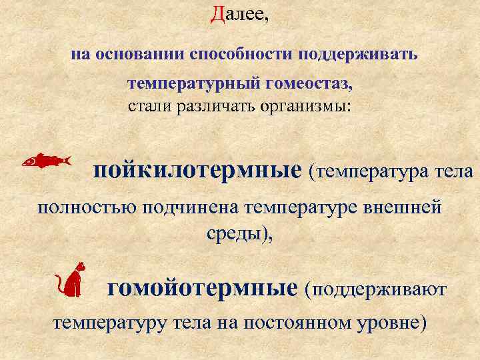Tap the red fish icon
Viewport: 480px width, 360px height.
(45, 160)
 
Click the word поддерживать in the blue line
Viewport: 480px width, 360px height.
(359, 54)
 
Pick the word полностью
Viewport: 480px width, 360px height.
(82, 207)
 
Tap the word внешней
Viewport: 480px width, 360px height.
(409, 207)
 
